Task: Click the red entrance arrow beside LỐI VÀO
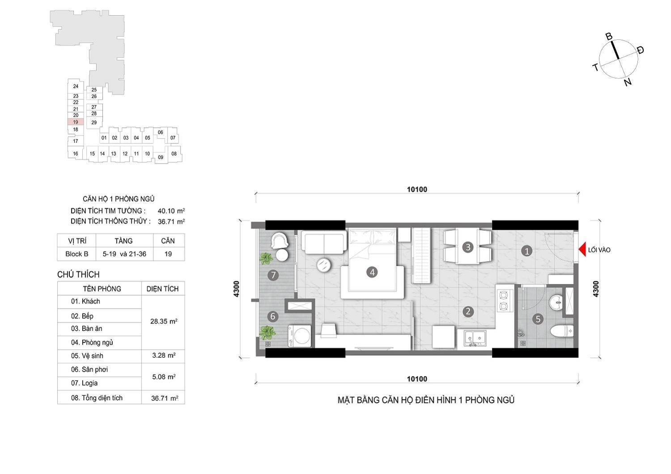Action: [x=582, y=250]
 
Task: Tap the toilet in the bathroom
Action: [x=562, y=331]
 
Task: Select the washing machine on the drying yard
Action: [x=300, y=336]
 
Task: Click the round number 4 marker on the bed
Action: [x=372, y=272]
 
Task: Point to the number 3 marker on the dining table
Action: [x=468, y=247]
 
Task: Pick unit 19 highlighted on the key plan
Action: [x=76, y=122]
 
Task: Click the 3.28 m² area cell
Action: [x=164, y=355]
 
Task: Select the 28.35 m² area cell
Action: [x=164, y=321]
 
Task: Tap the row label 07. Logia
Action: [x=84, y=383]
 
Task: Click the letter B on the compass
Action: [x=609, y=37]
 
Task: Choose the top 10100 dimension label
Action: [x=417, y=189]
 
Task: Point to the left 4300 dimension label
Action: [x=236, y=289]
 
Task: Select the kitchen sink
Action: [x=476, y=338]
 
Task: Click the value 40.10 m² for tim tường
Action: [x=171, y=211]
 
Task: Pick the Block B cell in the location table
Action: [x=76, y=254]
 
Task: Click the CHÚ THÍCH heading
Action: [x=78, y=274]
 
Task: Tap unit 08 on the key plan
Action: [x=174, y=154]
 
